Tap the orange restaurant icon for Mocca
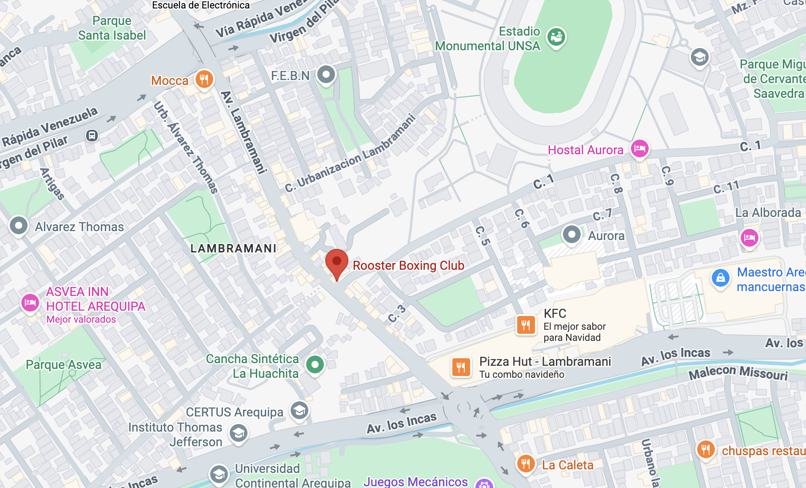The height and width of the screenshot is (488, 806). tap(204, 80)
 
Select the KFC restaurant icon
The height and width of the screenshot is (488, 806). tap(526, 325)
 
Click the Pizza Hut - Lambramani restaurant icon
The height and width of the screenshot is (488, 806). tap(461, 367)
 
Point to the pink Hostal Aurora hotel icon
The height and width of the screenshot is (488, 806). tap(639, 148)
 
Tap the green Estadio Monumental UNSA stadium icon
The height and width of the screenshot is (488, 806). tap(556, 36)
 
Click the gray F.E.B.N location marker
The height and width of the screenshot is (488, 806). tap(326, 74)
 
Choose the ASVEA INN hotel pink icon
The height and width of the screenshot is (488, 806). tap(30, 303)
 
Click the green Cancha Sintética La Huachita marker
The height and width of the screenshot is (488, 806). tap(315, 365)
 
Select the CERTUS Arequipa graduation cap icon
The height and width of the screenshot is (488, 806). tap(299, 411)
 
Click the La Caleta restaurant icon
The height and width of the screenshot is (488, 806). tap(525, 464)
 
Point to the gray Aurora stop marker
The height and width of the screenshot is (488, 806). tap(571, 234)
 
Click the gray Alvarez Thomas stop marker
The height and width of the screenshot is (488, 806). tap(19, 226)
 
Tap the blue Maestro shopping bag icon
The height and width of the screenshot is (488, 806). tap(720, 278)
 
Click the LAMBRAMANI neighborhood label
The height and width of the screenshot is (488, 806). tap(233, 248)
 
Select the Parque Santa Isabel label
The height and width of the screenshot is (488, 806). tap(112, 28)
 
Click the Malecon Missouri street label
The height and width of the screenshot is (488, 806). tap(738, 372)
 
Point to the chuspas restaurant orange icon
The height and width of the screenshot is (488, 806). tap(706, 450)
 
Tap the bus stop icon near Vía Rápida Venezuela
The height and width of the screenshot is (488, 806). tap(92, 136)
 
